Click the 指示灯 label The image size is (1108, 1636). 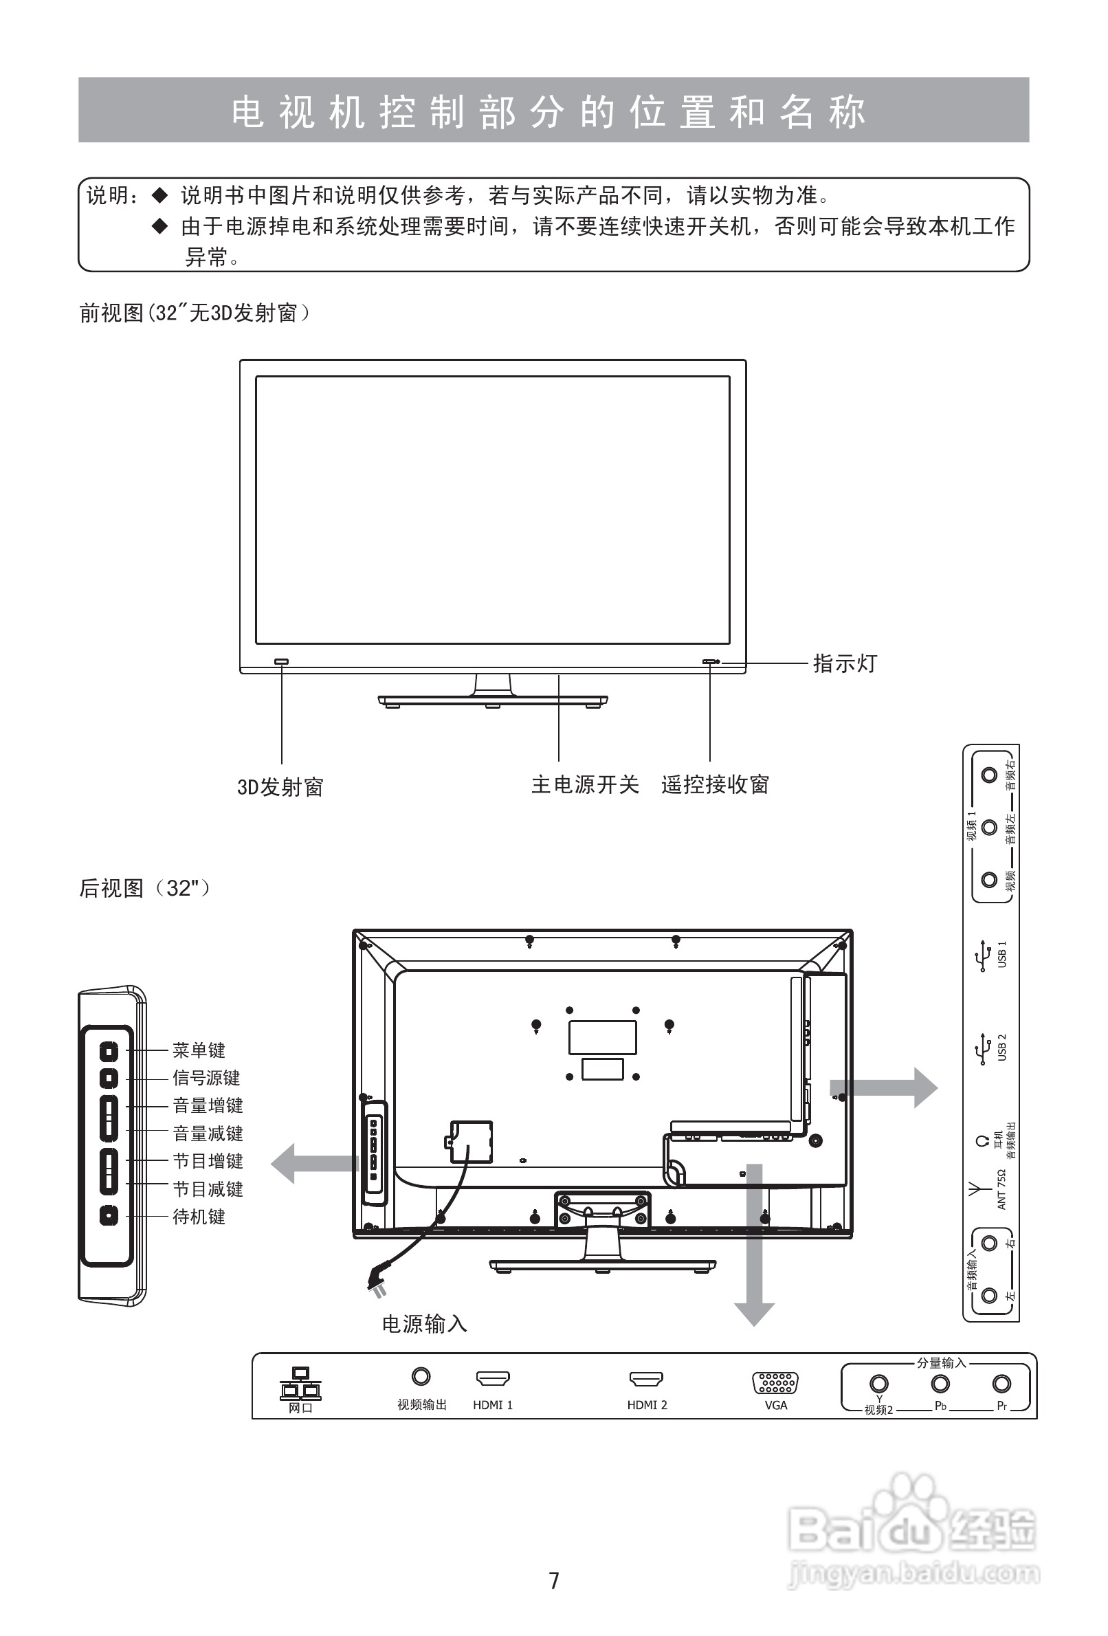point(845,663)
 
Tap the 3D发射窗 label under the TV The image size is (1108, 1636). point(280,787)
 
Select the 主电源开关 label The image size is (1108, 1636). point(585,784)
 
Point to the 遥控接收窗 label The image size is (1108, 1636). point(715,784)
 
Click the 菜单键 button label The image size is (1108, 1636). point(199,1050)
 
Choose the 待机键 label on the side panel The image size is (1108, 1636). point(199,1217)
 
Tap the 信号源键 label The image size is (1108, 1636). point(206,1078)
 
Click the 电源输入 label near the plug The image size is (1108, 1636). point(425,1324)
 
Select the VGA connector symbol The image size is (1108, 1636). point(775,1382)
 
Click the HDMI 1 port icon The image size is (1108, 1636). point(493,1378)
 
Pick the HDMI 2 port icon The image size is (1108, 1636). point(646,1378)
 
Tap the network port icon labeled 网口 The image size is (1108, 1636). point(300,1384)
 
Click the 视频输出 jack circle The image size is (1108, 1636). point(421,1375)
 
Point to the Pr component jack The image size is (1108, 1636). point(1001,1383)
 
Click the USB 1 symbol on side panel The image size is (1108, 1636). point(983,960)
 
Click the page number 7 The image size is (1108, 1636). point(554,1580)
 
